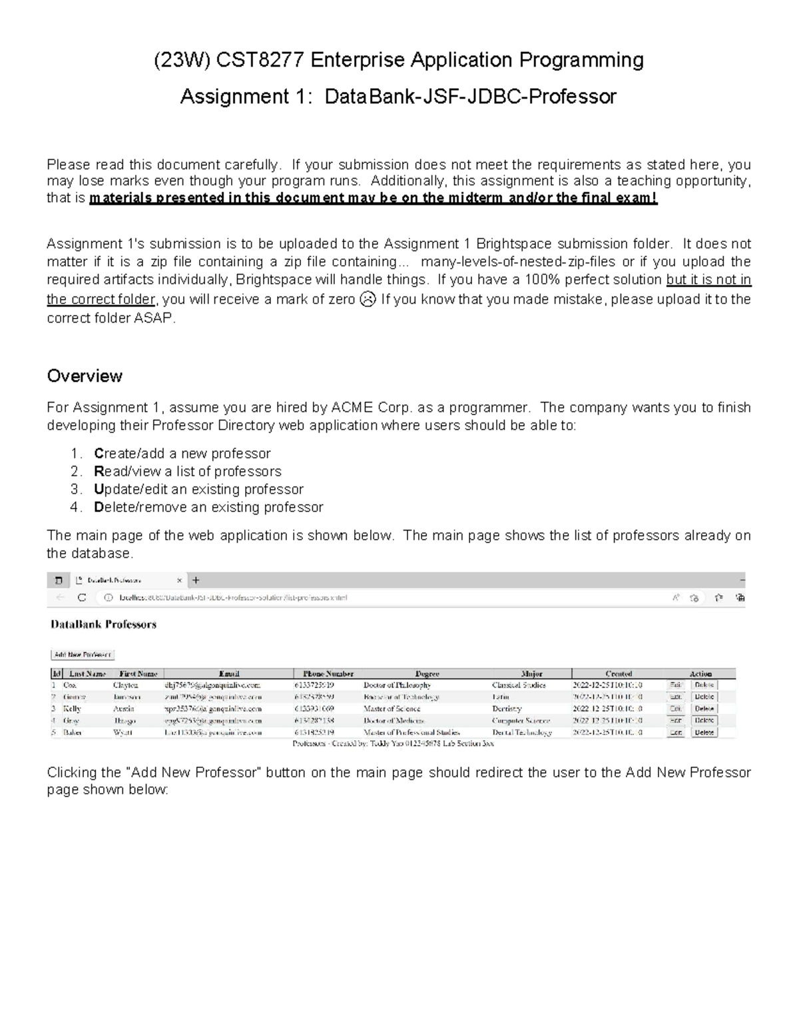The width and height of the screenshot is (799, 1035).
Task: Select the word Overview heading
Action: coord(85,376)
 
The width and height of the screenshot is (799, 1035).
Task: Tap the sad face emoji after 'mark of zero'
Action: coord(367,299)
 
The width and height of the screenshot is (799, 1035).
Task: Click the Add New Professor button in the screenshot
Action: coord(83,655)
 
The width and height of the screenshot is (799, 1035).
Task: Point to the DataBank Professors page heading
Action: coord(103,624)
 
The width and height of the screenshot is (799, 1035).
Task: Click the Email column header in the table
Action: coord(228,674)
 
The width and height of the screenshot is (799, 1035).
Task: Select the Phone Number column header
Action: coord(328,674)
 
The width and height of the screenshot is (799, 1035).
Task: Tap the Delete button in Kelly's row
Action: coord(704,708)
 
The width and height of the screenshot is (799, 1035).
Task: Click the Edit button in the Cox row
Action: coord(676,685)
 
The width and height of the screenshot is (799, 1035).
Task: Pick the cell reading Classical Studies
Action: coord(519,685)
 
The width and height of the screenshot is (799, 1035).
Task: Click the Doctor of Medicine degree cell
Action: coord(394,720)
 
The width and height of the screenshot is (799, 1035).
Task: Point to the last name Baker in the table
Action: coord(72,732)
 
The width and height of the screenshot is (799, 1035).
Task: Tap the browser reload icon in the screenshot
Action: coord(82,598)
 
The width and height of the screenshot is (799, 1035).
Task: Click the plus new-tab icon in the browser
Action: coord(196,580)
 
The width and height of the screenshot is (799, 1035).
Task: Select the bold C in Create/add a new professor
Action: coord(99,454)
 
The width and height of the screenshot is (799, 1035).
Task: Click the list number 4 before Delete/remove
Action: coord(75,507)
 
